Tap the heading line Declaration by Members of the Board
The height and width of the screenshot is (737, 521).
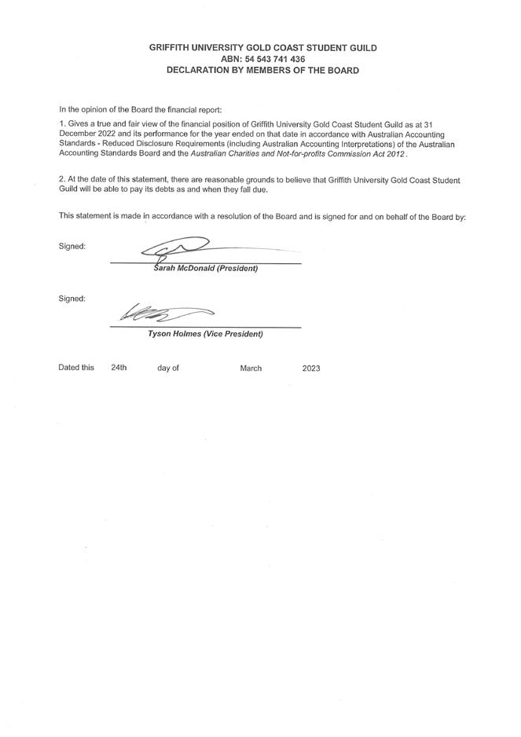[262, 70]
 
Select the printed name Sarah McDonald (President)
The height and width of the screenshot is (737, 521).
[205, 269]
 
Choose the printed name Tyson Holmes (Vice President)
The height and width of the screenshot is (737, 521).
[205, 334]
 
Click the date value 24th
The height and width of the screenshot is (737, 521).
[119, 368]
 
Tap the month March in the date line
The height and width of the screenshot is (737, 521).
[251, 368]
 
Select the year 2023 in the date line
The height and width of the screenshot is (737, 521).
[311, 368]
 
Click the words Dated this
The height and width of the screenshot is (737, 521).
[76, 368]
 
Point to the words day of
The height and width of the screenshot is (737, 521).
[168, 368]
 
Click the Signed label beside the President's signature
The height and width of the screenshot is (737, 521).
[72, 247]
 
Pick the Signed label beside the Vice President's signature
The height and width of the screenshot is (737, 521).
[72, 299]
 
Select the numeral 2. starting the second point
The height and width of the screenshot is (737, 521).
[62, 181]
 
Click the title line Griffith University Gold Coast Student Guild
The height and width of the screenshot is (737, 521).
[262, 48]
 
